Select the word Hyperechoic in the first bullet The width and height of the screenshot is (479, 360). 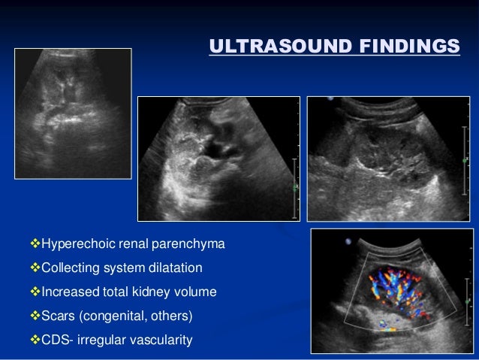point(73,245)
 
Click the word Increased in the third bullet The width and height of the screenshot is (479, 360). point(66,292)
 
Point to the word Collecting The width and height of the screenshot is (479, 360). point(68,268)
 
